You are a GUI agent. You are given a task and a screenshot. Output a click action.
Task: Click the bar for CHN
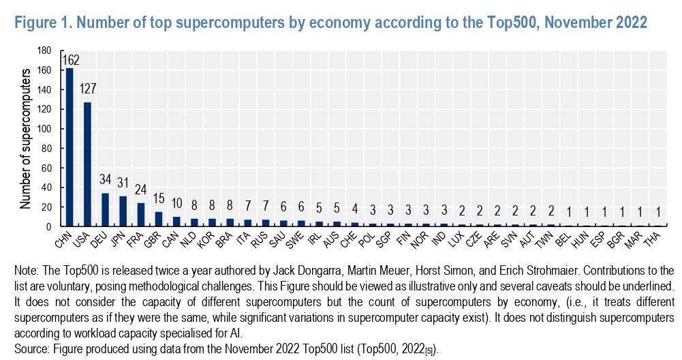[69, 147]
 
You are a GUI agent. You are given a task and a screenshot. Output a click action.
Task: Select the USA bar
[87, 164]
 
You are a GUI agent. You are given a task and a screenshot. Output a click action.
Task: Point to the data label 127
[87, 89]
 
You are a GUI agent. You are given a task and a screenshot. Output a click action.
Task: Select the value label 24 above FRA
[140, 189]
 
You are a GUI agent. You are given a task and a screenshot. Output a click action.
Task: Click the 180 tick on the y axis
[45, 50]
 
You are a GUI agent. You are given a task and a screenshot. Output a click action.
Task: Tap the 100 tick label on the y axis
[45, 129]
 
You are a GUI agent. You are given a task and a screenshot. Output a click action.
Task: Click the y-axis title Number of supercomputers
[25, 138]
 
